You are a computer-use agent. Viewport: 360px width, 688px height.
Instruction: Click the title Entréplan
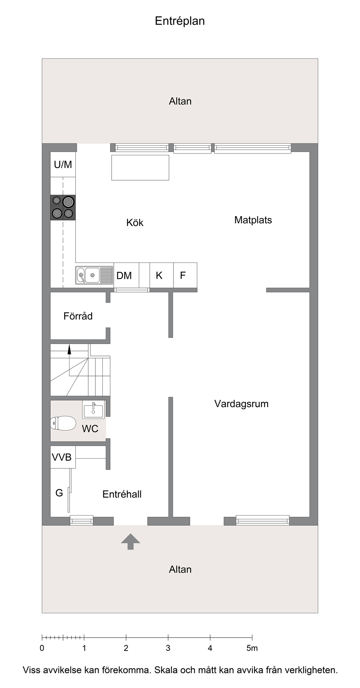coord(180,21)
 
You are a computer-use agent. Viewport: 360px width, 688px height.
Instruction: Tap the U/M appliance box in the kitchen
coord(63,165)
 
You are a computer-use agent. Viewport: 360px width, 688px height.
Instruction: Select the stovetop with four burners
coord(63,208)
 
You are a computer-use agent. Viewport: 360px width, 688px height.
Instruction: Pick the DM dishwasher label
coord(124,276)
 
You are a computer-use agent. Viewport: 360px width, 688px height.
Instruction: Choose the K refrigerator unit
coord(162,275)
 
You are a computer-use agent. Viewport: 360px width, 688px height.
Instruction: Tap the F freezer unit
coord(185,275)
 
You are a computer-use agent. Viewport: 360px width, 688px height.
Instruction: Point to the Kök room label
coord(135,222)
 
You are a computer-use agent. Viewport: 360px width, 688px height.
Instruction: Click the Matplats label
coord(253,220)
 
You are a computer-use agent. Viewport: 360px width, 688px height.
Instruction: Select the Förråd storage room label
coord(78,316)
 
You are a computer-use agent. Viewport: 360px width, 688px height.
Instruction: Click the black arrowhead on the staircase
coord(70,349)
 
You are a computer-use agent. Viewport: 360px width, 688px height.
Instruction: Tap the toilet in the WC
coord(63,423)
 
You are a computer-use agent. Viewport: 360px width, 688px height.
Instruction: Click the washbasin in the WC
coord(93,409)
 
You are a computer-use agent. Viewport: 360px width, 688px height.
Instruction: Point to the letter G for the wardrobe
coord(59,493)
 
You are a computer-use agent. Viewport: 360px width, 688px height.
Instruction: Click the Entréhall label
coord(122,494)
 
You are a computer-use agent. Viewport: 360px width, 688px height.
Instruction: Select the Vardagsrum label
coord(241,404)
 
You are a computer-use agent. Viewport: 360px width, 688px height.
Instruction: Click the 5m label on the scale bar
coord(252,648)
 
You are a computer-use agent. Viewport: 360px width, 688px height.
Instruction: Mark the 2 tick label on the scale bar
coord(126,648)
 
